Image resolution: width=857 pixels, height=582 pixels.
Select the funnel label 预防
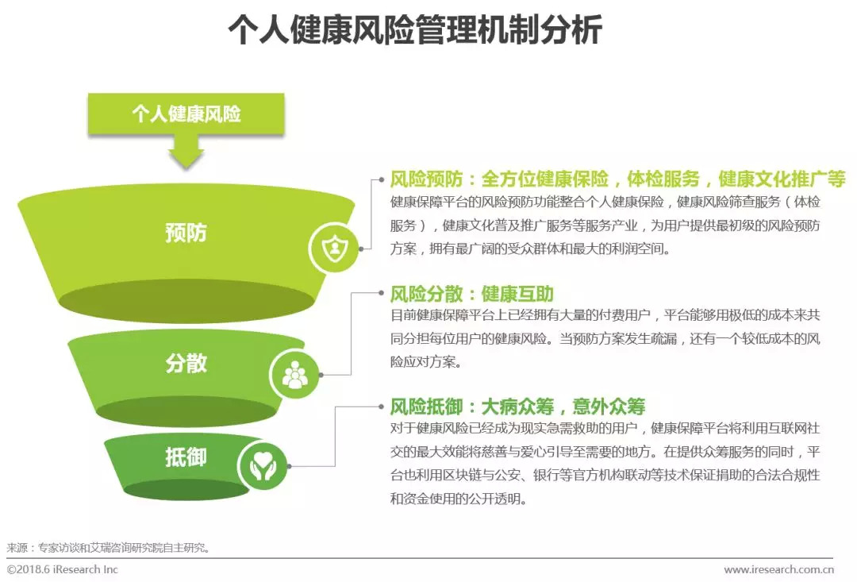coord(186,233)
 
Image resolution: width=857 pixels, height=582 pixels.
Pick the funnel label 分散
coord(186,363)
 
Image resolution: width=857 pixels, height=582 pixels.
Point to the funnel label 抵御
coord(186,457)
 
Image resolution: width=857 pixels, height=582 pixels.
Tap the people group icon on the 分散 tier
coord(295,373)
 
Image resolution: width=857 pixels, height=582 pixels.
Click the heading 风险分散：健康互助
coord(471,294)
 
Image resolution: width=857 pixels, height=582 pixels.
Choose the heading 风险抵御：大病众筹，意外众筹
coord(517,407)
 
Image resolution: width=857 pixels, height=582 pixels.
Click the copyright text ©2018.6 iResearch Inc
coord(63,569)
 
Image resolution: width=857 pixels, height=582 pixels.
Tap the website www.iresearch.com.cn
coord(778,569)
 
